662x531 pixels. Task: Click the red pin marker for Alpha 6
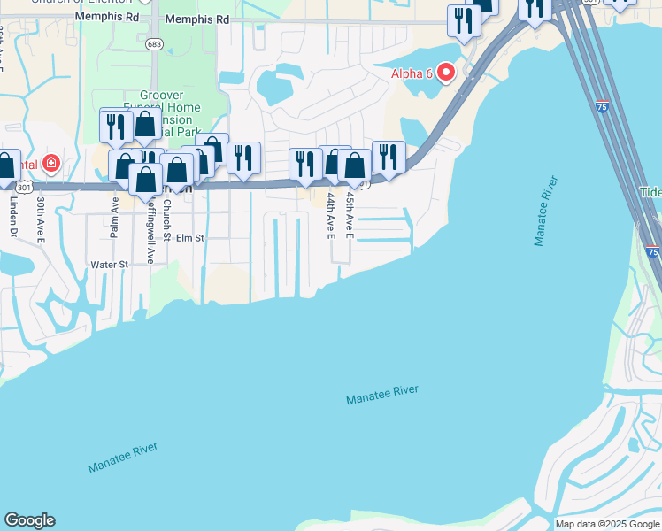coord(447,72)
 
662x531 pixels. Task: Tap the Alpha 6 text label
coord(412,73)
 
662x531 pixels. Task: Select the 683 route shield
coord(155,43)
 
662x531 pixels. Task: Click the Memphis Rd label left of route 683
coord(107,17)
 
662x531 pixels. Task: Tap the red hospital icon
coord(51,164)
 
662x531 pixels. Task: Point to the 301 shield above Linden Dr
coord(24,187)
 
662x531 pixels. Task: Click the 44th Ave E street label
coord(331,216)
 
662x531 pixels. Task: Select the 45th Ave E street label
coord(350,216)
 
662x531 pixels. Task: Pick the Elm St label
coord(189,238)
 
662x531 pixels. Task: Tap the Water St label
coord(110,264)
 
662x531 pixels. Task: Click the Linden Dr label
coord(13,217)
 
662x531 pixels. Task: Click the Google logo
coord(29,520)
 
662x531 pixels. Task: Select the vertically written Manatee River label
coord(545,212)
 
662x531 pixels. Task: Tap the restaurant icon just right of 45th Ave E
coord(389,157)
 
